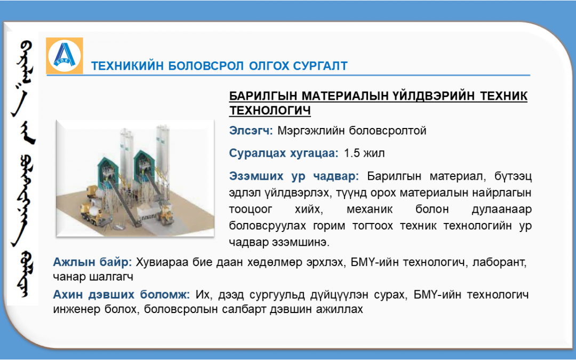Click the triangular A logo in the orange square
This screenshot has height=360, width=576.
pos(65,55)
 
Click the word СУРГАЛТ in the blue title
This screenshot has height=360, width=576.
pos(321,66)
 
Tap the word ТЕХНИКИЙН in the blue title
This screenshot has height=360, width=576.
pos(127,66)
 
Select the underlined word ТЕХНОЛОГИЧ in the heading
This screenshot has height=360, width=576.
pos(270,110)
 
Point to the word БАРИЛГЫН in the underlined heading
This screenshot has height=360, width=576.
pos(263,95)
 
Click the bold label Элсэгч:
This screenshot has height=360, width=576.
pos(251,131)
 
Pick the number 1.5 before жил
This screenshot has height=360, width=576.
pos(351,153)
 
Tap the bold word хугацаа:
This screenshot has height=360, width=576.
pos(314,153)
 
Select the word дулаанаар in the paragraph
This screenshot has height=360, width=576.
pos(501,210)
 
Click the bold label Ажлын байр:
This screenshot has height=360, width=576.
pos(92,262)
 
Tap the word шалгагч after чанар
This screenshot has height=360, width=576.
pos(111,277)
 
